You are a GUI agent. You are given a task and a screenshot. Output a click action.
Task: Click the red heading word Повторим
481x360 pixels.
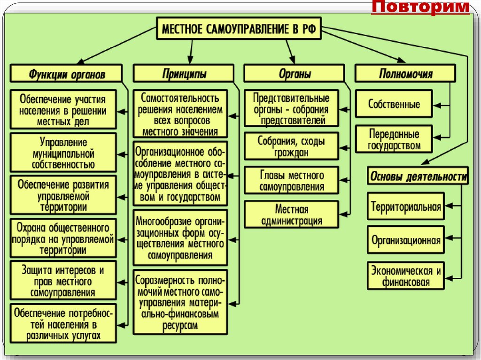(x=420, y=8)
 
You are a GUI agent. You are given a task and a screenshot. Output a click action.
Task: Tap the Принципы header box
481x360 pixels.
(x=184, y=74)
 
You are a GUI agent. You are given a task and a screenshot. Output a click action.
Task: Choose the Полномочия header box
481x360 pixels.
(x=405, y=74)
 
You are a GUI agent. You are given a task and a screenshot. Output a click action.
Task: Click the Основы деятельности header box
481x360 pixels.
(x=418, y=177)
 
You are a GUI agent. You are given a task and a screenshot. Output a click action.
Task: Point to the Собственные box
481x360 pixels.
(x=394, y=104)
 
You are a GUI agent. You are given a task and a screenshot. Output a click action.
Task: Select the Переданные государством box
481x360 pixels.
(x=394, y=139)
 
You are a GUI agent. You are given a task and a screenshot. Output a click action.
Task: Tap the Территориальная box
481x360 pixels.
(x=406, y=207)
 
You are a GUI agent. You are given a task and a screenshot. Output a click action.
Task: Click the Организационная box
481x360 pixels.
(x=406, y=241)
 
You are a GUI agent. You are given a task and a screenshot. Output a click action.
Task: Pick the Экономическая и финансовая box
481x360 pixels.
(x=406, y=276)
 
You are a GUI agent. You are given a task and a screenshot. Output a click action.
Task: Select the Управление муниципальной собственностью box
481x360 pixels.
(x=63, y=153)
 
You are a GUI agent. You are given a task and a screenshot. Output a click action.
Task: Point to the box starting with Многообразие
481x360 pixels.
(x=180, y=238)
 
